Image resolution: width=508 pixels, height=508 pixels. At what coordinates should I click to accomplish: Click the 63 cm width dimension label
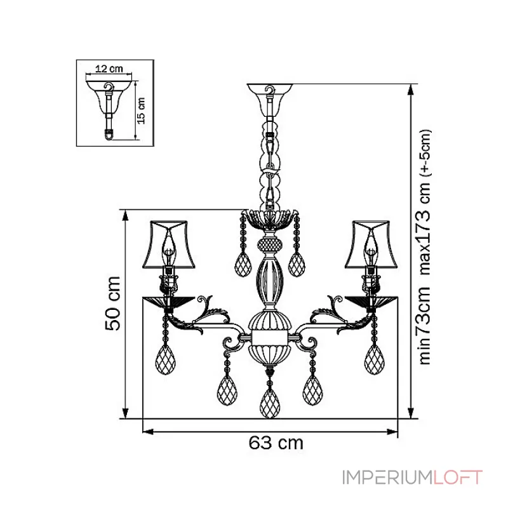click(x=276, y=443)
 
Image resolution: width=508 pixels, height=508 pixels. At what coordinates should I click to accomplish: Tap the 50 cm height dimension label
click(x=113, y=304)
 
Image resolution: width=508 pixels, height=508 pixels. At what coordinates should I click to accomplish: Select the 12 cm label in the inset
click(x=109, y=69)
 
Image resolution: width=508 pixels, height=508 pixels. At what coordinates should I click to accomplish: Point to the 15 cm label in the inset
click(x=141, y=110)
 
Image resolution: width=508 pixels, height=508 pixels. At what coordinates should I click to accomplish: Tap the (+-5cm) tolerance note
click(x=425, y=153)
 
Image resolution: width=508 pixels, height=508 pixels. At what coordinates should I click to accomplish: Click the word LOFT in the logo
click(x=458, y=478)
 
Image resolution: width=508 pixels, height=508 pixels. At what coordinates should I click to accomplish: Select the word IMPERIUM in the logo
click(x=388, y=478)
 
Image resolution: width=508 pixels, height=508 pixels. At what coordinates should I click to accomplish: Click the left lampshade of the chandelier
click(x=169, y=244)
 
